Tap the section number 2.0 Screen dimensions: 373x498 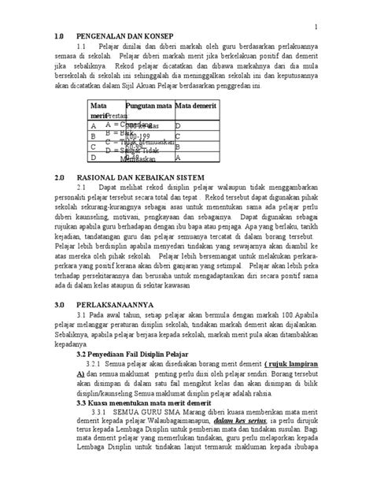(x=60, y=177)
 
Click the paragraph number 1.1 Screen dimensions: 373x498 (x=84, y=46)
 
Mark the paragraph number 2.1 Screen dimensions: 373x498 (x=84, y=188)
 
